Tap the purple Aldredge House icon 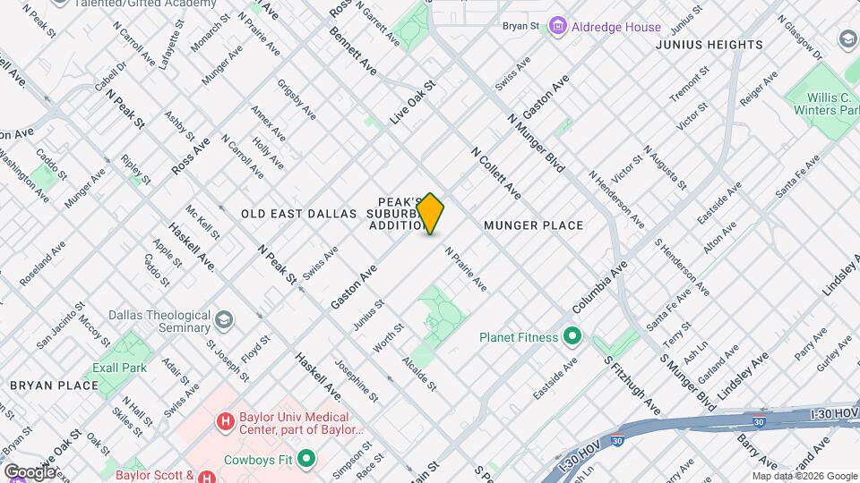(558, 27)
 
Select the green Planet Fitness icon (572, 337)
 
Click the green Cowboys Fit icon (307, 459)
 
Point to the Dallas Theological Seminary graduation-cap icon (223, 320)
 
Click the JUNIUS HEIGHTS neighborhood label (709, 45)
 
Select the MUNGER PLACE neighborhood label (533, 225)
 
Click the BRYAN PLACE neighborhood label (54, 386)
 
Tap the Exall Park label (119, 368)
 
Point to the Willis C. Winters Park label (825, 103)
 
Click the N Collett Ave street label (495, 174)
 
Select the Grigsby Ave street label (296, 99)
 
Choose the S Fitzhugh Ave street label (632, 386)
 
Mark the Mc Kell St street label (202, 223)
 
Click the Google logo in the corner (30, 471)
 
